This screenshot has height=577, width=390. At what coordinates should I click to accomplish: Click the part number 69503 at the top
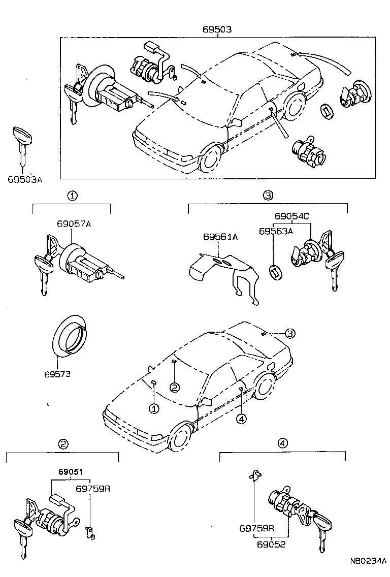click(x=218, y=29)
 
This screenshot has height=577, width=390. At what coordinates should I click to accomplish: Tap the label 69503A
click(x=24, y=179)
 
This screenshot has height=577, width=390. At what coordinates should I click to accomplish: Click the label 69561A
click(x=220, y=237)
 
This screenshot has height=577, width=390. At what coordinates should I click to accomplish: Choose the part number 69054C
click(x=292, y=216)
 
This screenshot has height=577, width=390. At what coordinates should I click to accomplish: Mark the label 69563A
click(x=276, y=231)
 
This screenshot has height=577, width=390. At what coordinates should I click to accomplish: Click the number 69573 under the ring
click(x=57, y=374)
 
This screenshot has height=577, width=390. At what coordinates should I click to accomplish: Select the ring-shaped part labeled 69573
click(x=70, y=335)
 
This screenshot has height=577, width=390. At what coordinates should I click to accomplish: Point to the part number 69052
click(x=271, y=544)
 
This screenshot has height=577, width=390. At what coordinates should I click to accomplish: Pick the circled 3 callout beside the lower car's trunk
click(x=289, y=333)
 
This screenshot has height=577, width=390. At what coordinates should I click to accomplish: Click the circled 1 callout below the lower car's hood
click(x=153, y=408)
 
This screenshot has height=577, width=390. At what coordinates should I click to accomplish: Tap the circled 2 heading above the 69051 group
click(x=62, y=444)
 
